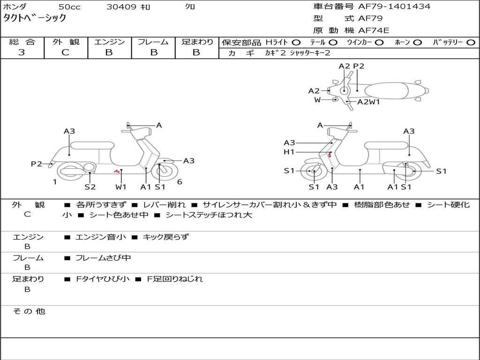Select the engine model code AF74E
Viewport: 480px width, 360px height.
tap(374, 30)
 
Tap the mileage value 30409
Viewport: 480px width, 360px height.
tap(121, 7)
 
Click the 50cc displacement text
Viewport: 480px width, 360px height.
tap(69, 7)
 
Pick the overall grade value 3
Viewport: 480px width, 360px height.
tap(22, 52)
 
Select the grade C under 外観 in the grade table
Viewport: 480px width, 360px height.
tap(66, 52)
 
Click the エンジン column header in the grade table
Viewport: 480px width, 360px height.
tap(110, 42)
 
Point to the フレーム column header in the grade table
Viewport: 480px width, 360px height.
tap(153, 42)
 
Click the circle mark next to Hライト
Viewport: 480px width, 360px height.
tap(296, 42)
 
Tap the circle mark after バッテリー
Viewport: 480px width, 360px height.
tap(471, 42)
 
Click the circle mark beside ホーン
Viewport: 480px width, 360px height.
tap(418, 42)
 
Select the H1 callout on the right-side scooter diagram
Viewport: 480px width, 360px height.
tap(289, 152)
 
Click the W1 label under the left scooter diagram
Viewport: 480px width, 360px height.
tap(121, 187)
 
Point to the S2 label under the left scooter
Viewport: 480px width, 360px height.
tap(90, 187)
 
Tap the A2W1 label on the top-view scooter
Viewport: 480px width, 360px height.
tap(368, 102)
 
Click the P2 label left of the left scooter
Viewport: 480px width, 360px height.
tap(37, 164)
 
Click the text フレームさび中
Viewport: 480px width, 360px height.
tap(103, 258)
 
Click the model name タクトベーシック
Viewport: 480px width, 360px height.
tap(35, 18)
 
